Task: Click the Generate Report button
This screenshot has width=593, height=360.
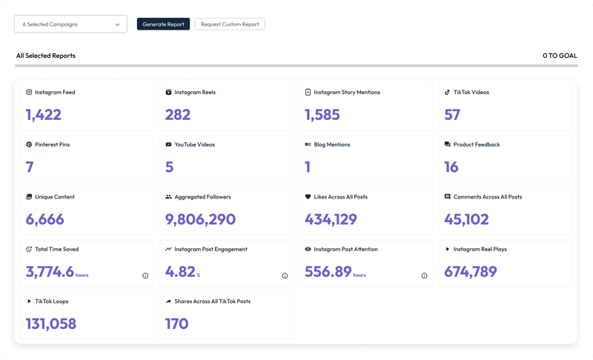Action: [163, 24]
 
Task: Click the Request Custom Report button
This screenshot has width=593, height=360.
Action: [230, 24]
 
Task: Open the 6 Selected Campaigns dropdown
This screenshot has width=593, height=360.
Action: [70, 24]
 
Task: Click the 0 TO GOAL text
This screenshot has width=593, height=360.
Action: [560, 56]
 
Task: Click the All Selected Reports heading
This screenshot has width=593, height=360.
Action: [46, 56]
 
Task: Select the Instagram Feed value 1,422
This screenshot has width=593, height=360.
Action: [43, 115]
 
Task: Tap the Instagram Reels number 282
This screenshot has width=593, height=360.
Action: [178, 115]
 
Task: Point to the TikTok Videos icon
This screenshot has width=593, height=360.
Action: [447, 93]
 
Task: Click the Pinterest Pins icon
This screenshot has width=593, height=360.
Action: [29, 144]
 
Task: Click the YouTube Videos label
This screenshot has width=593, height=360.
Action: [195, 144]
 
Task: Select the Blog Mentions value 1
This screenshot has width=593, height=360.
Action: [308, 167]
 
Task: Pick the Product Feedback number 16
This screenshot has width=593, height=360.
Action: [451, 167]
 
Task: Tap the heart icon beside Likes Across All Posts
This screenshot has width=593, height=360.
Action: [308, 197]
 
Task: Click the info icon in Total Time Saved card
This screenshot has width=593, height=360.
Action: [145, 276]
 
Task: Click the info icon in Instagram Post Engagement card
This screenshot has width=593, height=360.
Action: [285, 276]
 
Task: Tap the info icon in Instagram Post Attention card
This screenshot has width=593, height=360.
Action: [424, 276]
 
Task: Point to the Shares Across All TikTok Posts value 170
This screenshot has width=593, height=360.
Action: [176, 324]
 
